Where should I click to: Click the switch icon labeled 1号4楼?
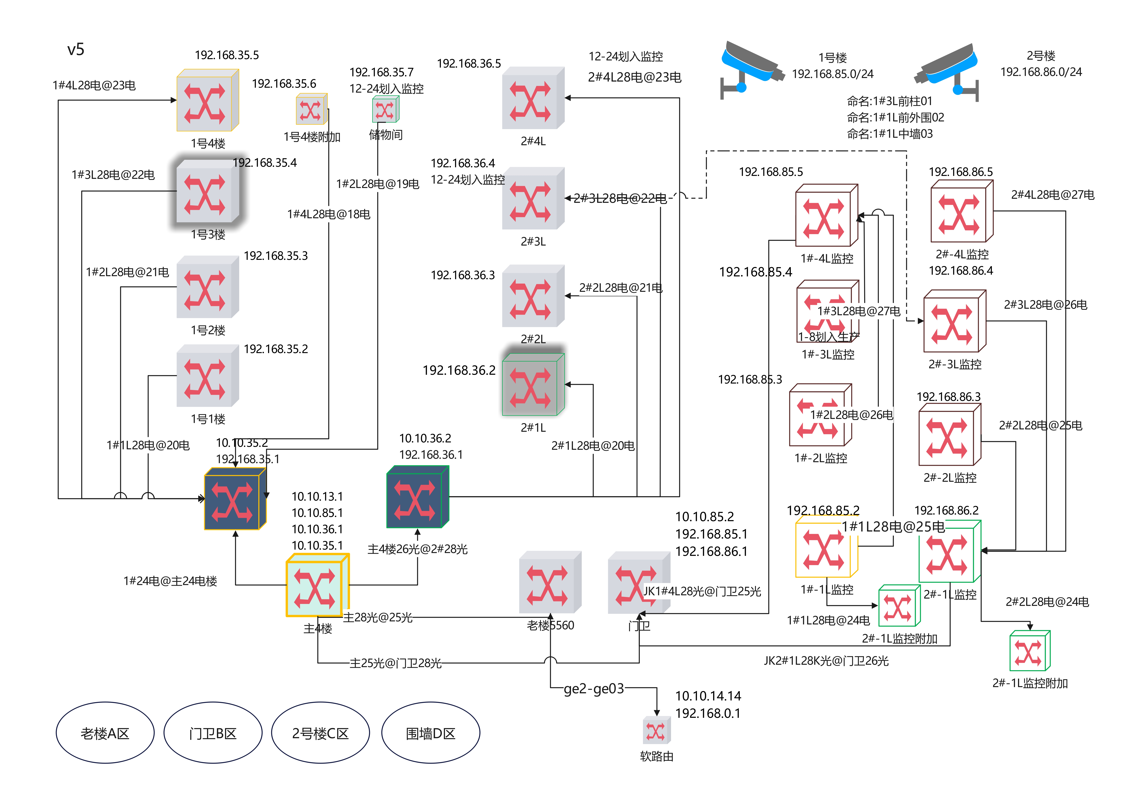(207, 100)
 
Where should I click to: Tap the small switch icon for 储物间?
(385, 110)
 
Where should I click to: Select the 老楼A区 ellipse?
(105, 733)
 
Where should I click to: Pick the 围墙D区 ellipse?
(430, 733)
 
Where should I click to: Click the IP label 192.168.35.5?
(227, 55)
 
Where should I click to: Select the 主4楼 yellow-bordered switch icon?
(317, 585)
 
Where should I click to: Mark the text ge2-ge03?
(593, 689)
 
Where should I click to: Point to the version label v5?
(76, 49)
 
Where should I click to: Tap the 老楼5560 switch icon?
(550, 582)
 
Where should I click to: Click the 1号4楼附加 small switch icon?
(311, 109)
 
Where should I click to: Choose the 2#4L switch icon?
(533, 98)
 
